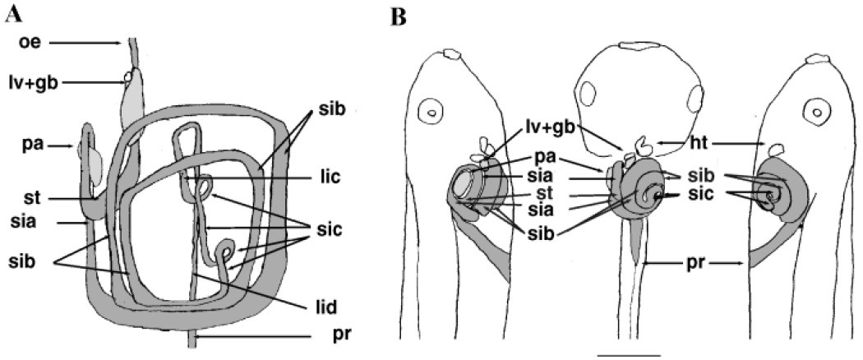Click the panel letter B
[x=400, y=16]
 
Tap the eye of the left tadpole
[x=429, y=109]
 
